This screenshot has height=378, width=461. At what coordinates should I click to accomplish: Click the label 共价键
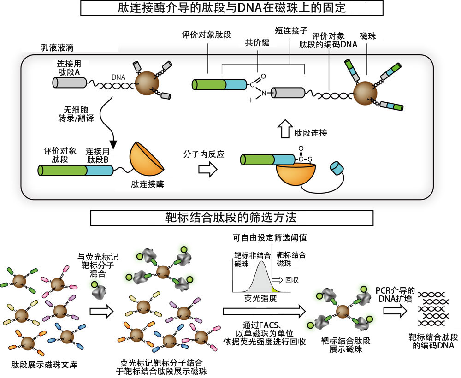pyautogui.click(x=257, y=42)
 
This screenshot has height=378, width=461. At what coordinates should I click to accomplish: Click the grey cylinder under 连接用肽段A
pyautogui.click(x=69, y=83)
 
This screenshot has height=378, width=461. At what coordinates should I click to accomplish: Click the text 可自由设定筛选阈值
pyautogui.click(x=270, y=238)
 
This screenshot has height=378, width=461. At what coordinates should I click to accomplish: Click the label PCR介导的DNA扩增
pyautogui.click(x=396, y=295)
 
